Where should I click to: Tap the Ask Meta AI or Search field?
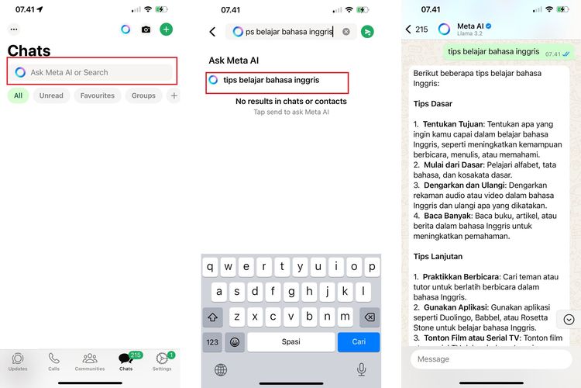(x=93, y=72)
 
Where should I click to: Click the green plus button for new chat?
(x=166, y=29)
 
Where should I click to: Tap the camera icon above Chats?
(x=146, y=29)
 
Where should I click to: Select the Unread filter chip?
(x=51, y=95)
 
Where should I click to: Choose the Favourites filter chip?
(x=98, y=95)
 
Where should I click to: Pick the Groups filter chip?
(x=143, y=95)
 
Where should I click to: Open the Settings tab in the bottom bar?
(x=162, y=361)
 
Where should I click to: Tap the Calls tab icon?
(x=53, y=361)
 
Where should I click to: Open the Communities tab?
(x=90, y=361)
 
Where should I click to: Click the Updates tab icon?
(x=18, y=361)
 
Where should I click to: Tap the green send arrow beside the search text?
(x=367, y=32)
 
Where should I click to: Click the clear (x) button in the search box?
(x=346, y=32)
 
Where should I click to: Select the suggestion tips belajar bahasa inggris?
(x=271, y=80)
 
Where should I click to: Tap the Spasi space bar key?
(x=290, y=341)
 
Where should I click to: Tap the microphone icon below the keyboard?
(x=361, y=369)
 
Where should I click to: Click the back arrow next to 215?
(x=408, y=29)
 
